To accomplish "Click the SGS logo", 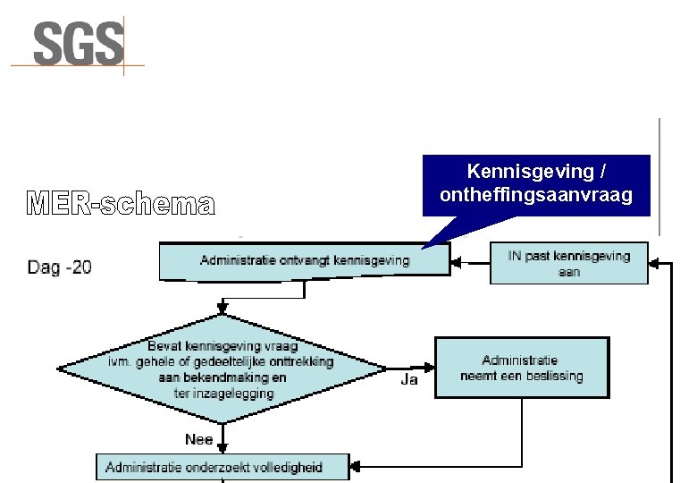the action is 79,44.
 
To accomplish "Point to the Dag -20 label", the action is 59,267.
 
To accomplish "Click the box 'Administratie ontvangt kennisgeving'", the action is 304,261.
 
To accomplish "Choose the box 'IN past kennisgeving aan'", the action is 568,263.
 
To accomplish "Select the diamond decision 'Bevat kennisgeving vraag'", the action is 223,369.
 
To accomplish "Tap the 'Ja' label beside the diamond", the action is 409,379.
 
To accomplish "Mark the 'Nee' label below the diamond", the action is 198,439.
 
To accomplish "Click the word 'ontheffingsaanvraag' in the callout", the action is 536,195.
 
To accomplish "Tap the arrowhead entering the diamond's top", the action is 223,310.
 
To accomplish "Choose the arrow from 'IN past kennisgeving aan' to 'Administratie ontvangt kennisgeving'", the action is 470,262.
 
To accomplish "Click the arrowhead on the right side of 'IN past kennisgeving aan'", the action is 654,263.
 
